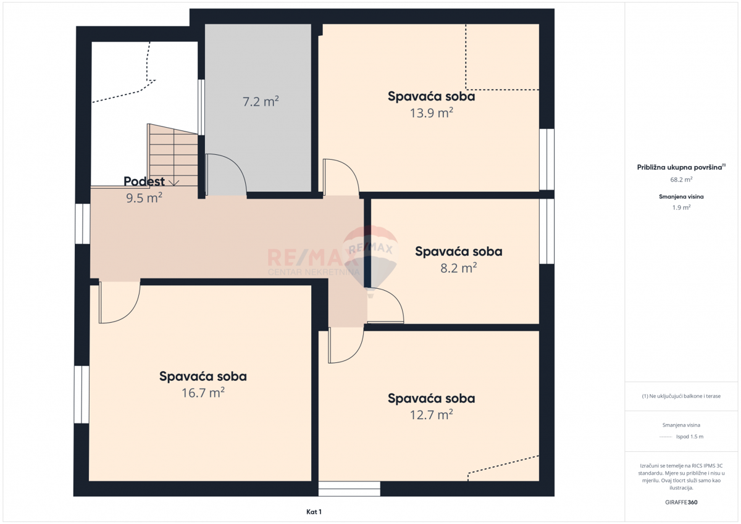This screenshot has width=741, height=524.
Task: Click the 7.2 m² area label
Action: click(261, 101)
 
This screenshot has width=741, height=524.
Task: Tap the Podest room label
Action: click(144, 181)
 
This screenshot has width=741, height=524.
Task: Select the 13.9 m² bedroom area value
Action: click(432, 113)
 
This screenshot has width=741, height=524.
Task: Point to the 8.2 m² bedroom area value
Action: click(458, 268)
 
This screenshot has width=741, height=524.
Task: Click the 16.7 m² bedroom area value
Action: click(203, 393)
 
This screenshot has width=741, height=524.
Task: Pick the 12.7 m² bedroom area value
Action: click(432, 415)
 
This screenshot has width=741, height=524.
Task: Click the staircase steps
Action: click(173, 156)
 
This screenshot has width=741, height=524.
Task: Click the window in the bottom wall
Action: click(350, 489)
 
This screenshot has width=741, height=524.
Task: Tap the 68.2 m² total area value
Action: click(681, 180)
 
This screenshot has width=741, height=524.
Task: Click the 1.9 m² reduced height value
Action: click(681, 207)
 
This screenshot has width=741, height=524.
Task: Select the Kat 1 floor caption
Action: click(314, 512)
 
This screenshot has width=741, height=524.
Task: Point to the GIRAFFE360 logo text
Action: click(681, 502)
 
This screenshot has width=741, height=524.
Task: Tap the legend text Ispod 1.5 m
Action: click(690, 436)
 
